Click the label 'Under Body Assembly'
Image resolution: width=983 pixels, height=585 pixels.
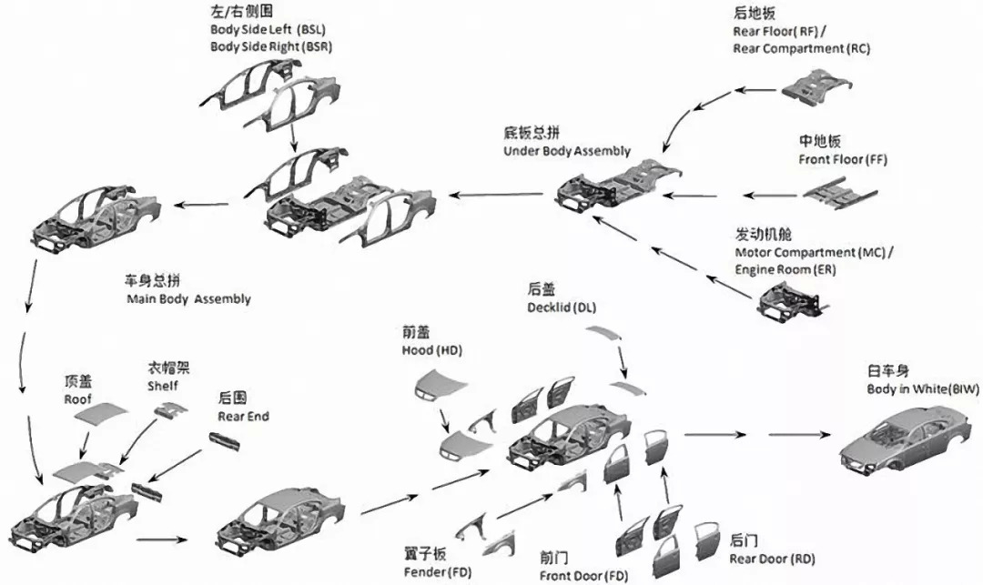click(x=566, y=151)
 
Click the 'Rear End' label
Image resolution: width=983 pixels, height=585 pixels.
click(x=243, y=417)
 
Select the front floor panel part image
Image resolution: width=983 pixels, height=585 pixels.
click(x=839, y=194)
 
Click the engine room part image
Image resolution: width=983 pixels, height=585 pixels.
click(x=790, y=303)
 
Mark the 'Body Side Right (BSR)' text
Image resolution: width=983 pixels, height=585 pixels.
click(x=270, y=45)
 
